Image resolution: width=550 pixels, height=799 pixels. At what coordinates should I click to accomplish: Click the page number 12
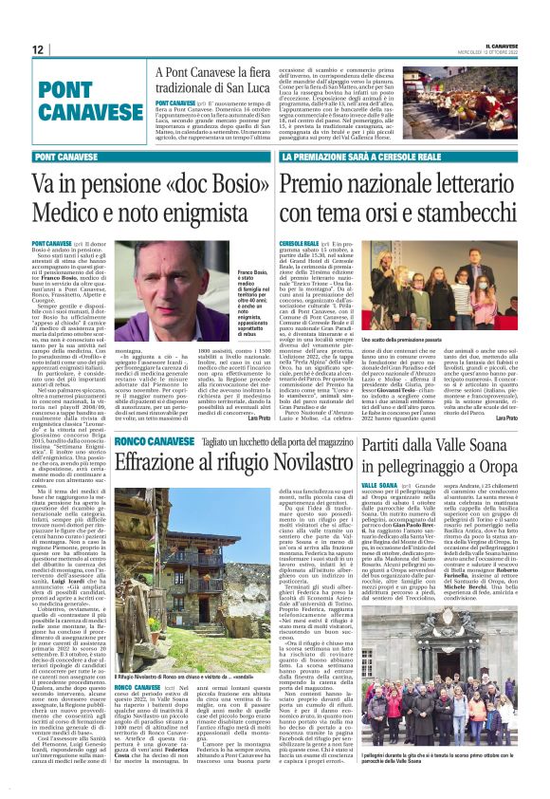tap(38, 49)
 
